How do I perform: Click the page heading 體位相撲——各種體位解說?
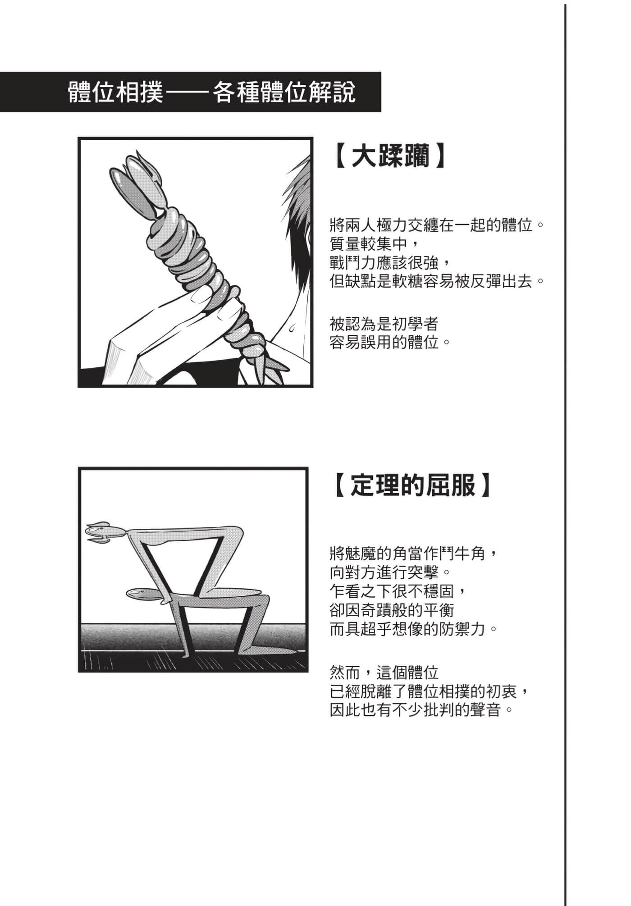click(x=212, y=92)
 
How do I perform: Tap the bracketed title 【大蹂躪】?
click(x=391, y=156)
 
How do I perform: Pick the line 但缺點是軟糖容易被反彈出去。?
click(x=437, y=281)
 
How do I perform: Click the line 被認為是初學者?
click(x=384, y=324)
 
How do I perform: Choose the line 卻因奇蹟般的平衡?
click(x=392, y=610)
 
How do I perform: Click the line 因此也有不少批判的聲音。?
click(x=422, y=710)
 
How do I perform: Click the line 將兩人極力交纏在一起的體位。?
click(x=437, y=225)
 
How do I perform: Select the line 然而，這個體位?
click(x=384, y=673)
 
